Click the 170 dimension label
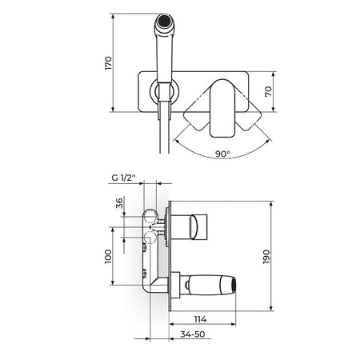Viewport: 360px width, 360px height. coord(109,63)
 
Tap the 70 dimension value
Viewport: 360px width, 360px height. coord(269,91)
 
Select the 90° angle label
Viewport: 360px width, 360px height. coord(222,154)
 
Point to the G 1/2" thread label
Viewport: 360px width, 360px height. coord(124,178)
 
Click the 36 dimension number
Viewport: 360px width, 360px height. coord(119,203)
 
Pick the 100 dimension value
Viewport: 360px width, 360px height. coord(108,257)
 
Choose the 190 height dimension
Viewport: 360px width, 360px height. coord(266,257)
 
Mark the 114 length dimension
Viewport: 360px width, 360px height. coord(200,319)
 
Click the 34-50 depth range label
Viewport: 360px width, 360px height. coord(193,334)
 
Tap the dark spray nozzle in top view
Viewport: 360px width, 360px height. coord(164,21)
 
